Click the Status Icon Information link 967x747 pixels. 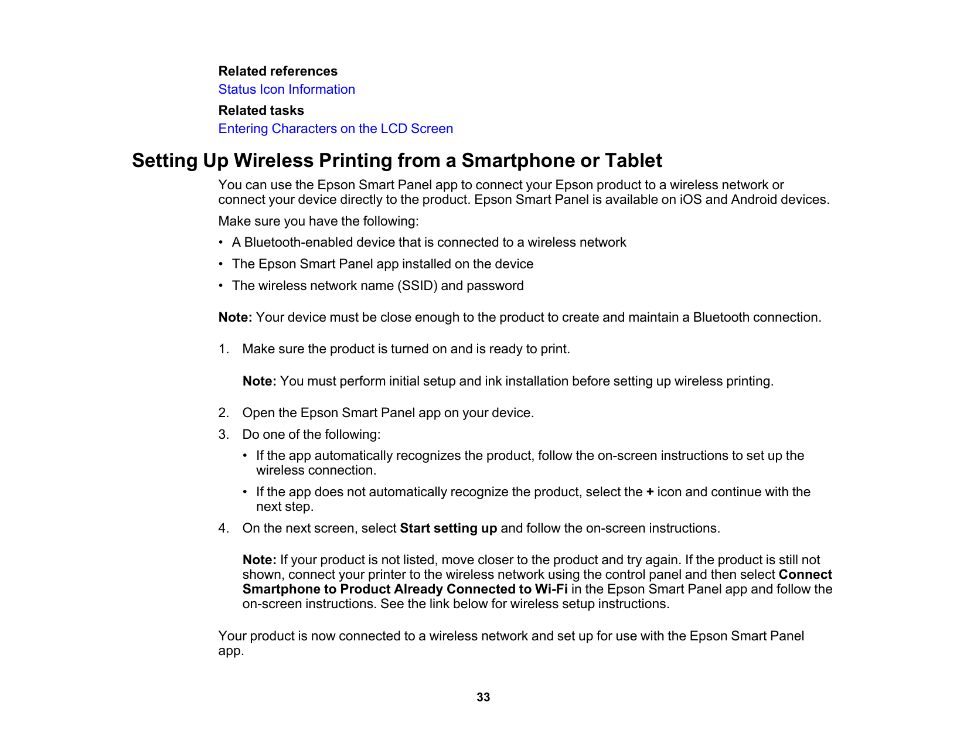coord(287,90)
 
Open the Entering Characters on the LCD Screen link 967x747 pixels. coord(335,129)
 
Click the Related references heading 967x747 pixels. coord(278,71)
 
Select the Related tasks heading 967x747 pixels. coord(261,111)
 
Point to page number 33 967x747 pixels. coord(483,697)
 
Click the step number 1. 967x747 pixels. coord(223,349)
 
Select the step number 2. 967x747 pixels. coord(223,413)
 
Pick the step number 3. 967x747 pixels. coord(223,435)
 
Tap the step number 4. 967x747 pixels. coord(223,528)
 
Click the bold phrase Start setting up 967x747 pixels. coord(448,528)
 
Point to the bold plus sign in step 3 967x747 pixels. coord(650,492)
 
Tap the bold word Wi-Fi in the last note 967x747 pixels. coord(551,589)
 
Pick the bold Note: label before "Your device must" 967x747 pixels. coord(235,318)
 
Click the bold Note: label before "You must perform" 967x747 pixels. coord(259,381)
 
